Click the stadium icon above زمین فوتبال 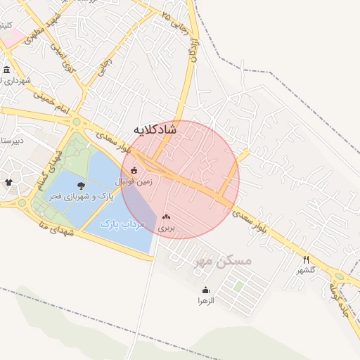(134, 169)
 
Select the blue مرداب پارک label (122, 224)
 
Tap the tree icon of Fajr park (82, 186)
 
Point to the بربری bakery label (166, 229)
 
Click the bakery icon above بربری (166, 218)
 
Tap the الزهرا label (205, 300)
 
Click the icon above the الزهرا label (205, 290)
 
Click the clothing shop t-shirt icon (8, 182)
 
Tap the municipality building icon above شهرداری (6, 69)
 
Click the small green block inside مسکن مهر (238, 286)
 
